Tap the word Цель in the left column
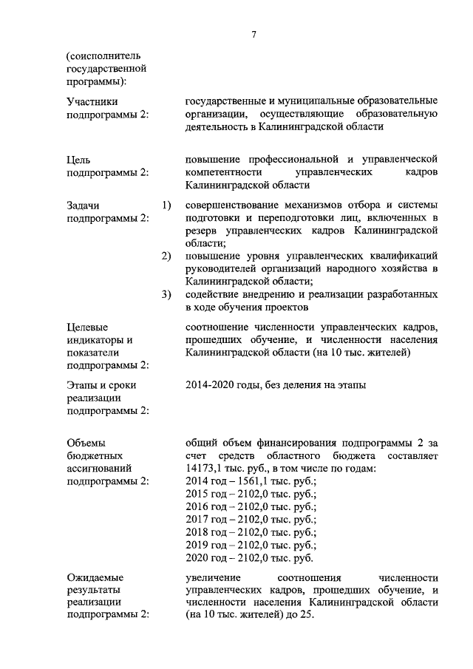click(78, 159)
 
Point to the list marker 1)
click(166, 204)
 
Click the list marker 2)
click(166, 256)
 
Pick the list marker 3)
click(166, 295)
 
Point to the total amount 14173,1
click(208, 468)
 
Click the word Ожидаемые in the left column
click(95, 577)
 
